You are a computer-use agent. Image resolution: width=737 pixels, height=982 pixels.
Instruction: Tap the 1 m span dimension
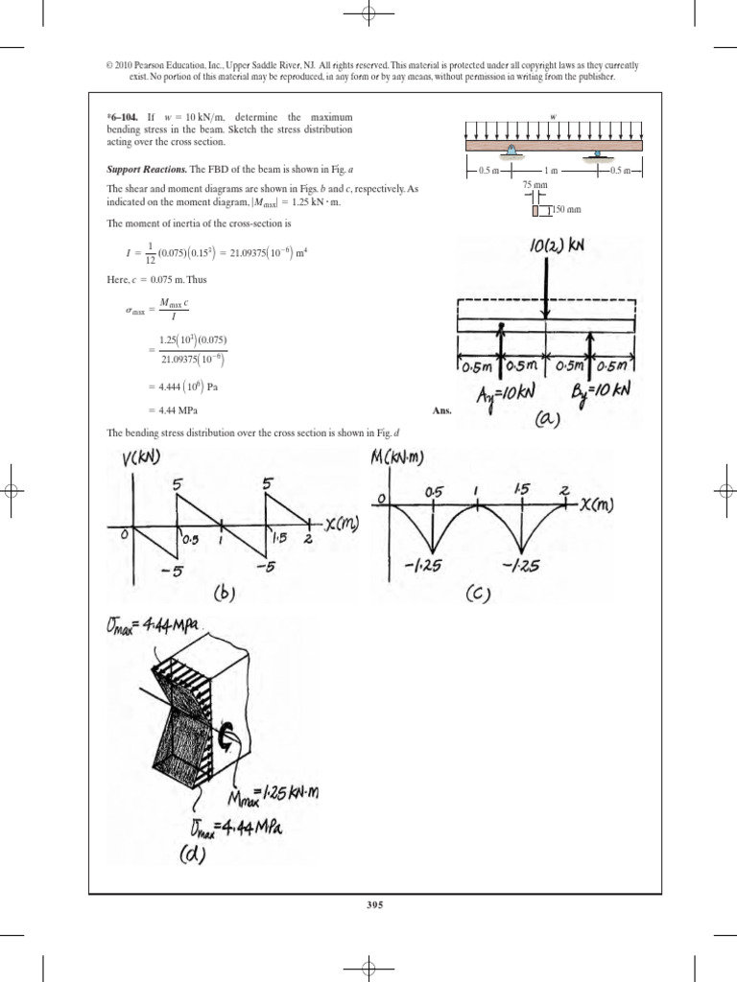pyautogui.click(x=550, y=170)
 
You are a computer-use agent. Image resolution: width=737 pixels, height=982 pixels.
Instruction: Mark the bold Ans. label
pyautogui.click(x=441, y=409)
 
